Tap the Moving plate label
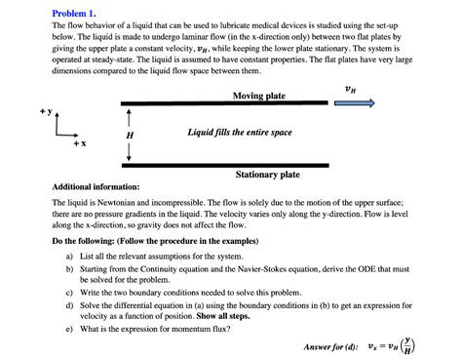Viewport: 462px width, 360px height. pyautogui.click(x=259, y=96)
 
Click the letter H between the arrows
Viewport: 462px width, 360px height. pyautogui.click(x=130, y=135)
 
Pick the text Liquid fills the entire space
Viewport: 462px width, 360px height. pyautogui.click(x=239, y=132)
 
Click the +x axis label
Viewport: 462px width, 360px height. pyautogui.click(x=78, y=143)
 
